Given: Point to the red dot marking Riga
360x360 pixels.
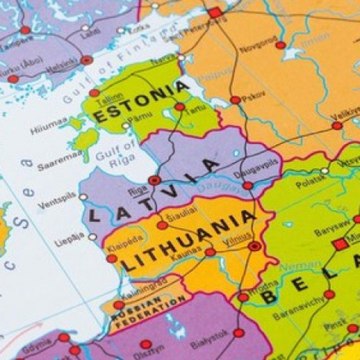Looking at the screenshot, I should click(x=154, y=180).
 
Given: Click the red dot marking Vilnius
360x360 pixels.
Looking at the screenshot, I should click(x=254, y=246).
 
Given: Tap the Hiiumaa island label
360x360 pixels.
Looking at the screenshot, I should click(x=49, y=129).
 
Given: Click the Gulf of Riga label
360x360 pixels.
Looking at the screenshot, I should click(x=121, y=156).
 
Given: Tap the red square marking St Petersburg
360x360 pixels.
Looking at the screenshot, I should click(x=215, y=12).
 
